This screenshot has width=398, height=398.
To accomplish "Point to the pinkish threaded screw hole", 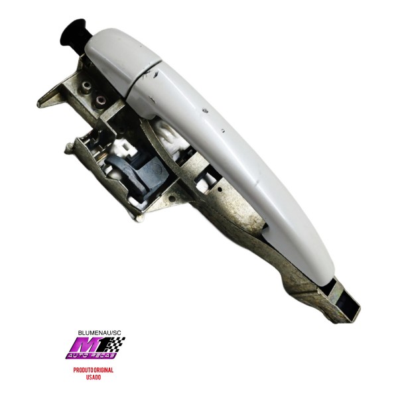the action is tap(101, 101).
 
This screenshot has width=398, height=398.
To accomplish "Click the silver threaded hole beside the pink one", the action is tap(86, 88).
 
